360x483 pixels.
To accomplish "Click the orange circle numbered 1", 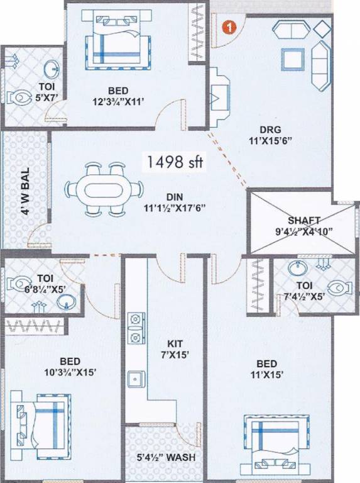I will click(x=231, y=27).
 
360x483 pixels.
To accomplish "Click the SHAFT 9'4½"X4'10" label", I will click(x=303, y=226).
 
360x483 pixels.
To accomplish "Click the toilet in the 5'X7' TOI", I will click(x=21, y=97).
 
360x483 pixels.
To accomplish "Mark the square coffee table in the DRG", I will click(x=292, y=59).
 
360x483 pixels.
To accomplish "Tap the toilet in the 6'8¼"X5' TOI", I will click(x=17, y=283).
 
